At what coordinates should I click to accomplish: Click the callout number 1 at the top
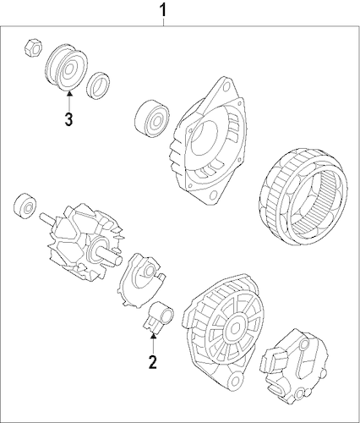[163, 10]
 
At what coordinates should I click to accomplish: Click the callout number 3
[68, 119]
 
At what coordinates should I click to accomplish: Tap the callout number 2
[153, 362]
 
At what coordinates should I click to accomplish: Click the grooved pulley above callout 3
[66, 68]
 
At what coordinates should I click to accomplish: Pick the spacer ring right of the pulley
[98, 85]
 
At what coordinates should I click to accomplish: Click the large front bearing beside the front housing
[152, 118]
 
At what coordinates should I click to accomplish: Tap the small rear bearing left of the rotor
[25, 206]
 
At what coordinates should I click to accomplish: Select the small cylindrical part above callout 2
[159, 316]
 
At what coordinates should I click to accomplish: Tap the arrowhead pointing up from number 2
[153, 335]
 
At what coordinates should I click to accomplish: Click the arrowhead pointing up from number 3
[69, 93]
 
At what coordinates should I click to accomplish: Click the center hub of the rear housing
[234, 328]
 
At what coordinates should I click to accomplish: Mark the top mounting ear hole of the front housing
[226, 87]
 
